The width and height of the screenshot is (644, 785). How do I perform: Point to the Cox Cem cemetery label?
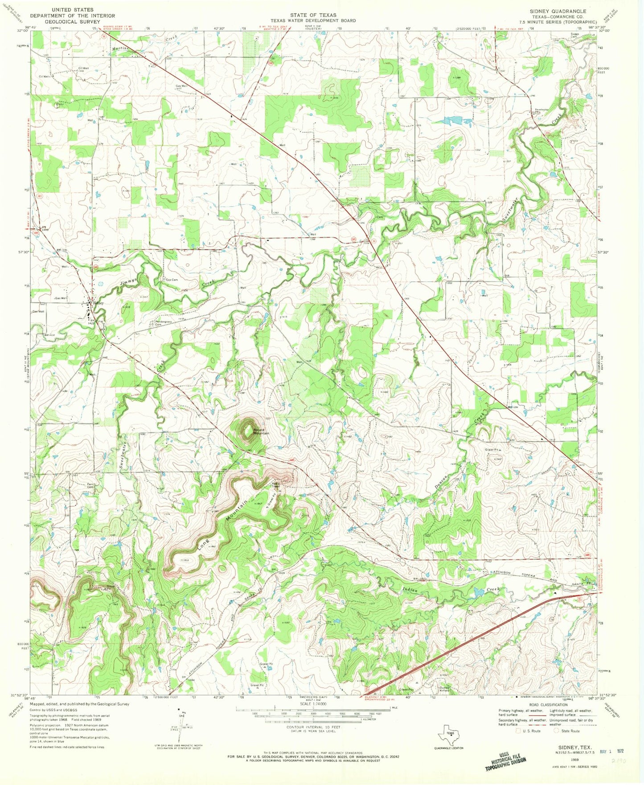(x=172, y=280)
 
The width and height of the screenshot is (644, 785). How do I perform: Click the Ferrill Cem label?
(x=92, y=486)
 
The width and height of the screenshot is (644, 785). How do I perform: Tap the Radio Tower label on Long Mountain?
(x=276, y=485)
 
